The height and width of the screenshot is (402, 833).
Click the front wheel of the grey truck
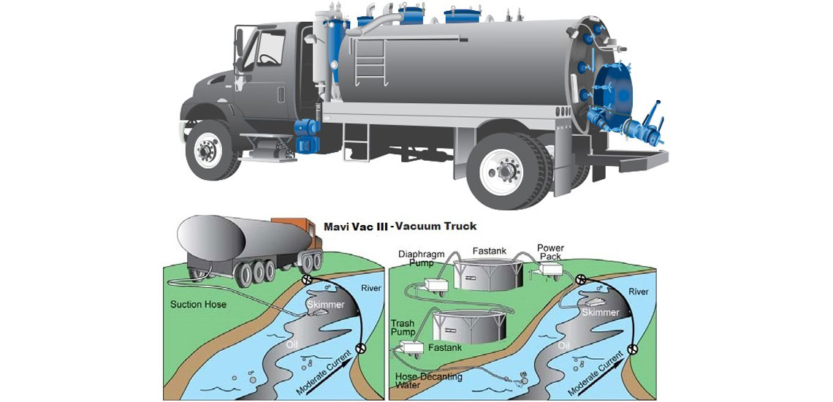point(208,151)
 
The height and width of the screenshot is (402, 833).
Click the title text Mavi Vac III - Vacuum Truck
point(400,227)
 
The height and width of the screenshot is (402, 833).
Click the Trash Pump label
point(403,327)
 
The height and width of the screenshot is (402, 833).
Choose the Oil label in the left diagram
point(293,342)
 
